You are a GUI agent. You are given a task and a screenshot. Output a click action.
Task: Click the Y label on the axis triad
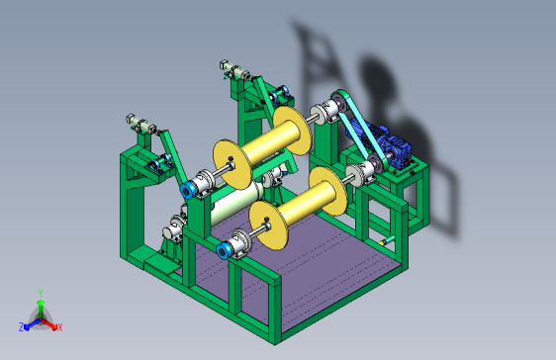point(41,293)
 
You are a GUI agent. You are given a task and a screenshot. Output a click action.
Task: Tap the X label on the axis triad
point(60,327)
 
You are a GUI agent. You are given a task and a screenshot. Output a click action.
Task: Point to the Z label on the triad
point(21,327)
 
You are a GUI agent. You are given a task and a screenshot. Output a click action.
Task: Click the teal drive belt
point(359,129)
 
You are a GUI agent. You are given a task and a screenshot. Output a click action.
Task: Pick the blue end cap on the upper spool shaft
point(187,190)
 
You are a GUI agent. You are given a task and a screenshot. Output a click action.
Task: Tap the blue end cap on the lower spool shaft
point(225,251)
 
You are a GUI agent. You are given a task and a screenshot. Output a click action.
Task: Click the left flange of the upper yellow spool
point(232,164)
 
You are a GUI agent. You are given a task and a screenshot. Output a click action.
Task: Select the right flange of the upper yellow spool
point(293,131)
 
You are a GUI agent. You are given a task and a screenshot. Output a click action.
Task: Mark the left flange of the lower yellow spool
point(268,225)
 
